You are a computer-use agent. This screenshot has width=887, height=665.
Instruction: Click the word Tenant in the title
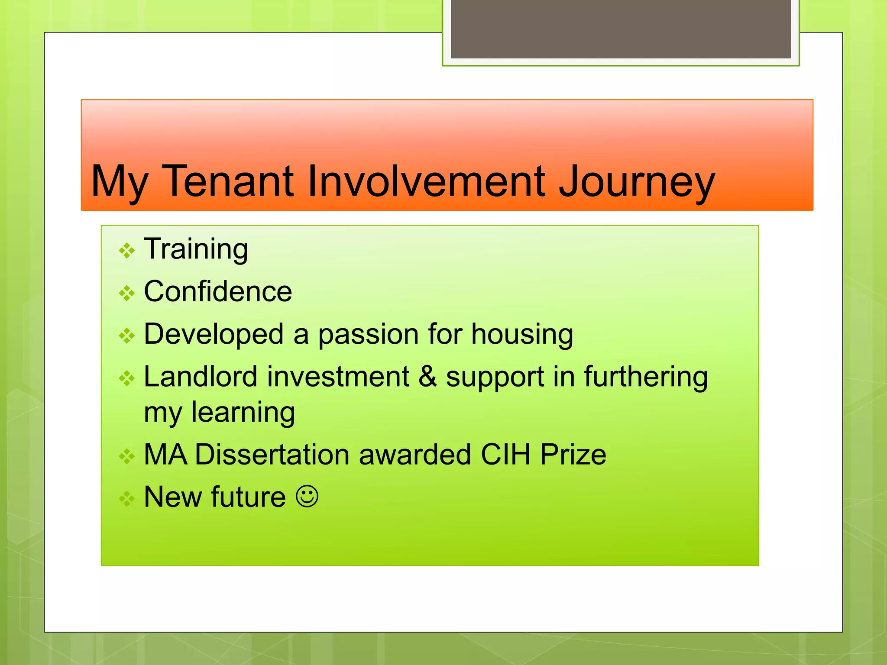pos(229,181)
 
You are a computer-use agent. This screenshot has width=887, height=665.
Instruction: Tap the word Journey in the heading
pos(636,182)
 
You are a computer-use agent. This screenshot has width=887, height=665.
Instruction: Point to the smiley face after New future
pos(307,496)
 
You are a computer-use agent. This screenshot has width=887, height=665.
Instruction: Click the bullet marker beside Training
pos(127,251)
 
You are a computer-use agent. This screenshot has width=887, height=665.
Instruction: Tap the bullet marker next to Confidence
pos(127,293)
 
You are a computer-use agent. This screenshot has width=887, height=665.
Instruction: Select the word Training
pos(196,249)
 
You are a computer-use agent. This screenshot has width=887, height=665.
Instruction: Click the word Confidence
pos(218,291)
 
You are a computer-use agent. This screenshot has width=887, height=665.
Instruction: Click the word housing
pos(522,335)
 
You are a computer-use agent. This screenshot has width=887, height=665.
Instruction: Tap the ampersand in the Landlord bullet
pos(427,376)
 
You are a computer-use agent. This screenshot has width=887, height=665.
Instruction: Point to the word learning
pos(243,412)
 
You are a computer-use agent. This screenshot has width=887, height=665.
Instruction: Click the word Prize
pos(573,454)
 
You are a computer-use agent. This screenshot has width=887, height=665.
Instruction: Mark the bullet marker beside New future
pos(127,498)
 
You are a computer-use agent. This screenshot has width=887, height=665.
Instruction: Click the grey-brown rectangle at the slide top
pos(621,29)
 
